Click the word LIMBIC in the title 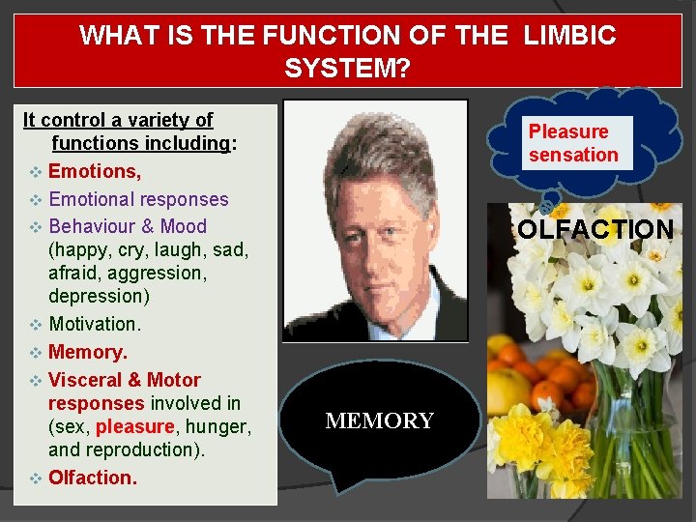569,37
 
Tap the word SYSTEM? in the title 348,69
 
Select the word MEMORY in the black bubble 380,421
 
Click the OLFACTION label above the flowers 595,230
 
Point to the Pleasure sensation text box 573,143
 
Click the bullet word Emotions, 95,172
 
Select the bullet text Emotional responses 138,200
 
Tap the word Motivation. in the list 95,324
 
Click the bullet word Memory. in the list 88,352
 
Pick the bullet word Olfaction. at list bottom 93,478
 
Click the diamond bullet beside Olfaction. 35,478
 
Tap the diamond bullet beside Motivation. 35,324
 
